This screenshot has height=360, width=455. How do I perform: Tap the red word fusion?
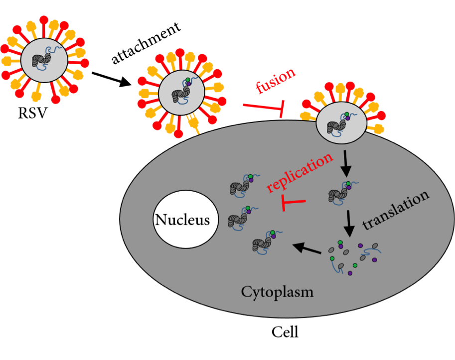275,81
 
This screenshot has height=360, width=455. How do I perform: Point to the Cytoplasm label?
277,292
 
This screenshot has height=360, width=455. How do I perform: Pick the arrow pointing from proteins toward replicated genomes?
306,248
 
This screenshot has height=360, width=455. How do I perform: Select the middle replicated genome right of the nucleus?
240,217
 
